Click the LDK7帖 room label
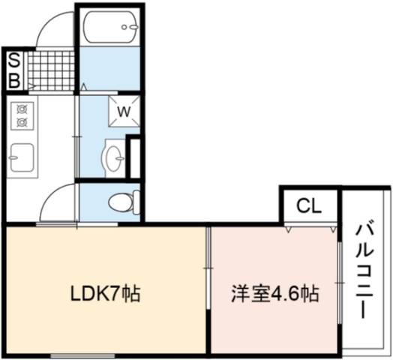click(105, 293)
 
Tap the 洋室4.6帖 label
click(275, 293)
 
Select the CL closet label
click(309, 206)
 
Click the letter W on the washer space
click(124, 111)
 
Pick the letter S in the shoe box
click(14, 60)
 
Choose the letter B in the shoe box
click(14, 80)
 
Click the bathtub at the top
click(110, 27)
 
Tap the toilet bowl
click(124, 202)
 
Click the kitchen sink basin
click(22, 157)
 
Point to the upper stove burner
click(22, 109)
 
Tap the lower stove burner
click(22, 122)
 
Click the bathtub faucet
click(130, 27)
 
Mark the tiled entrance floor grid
click(51, 70)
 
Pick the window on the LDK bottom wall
click(82, 355)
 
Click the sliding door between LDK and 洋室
click(208, 268)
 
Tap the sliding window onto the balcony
click(339, 283)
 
